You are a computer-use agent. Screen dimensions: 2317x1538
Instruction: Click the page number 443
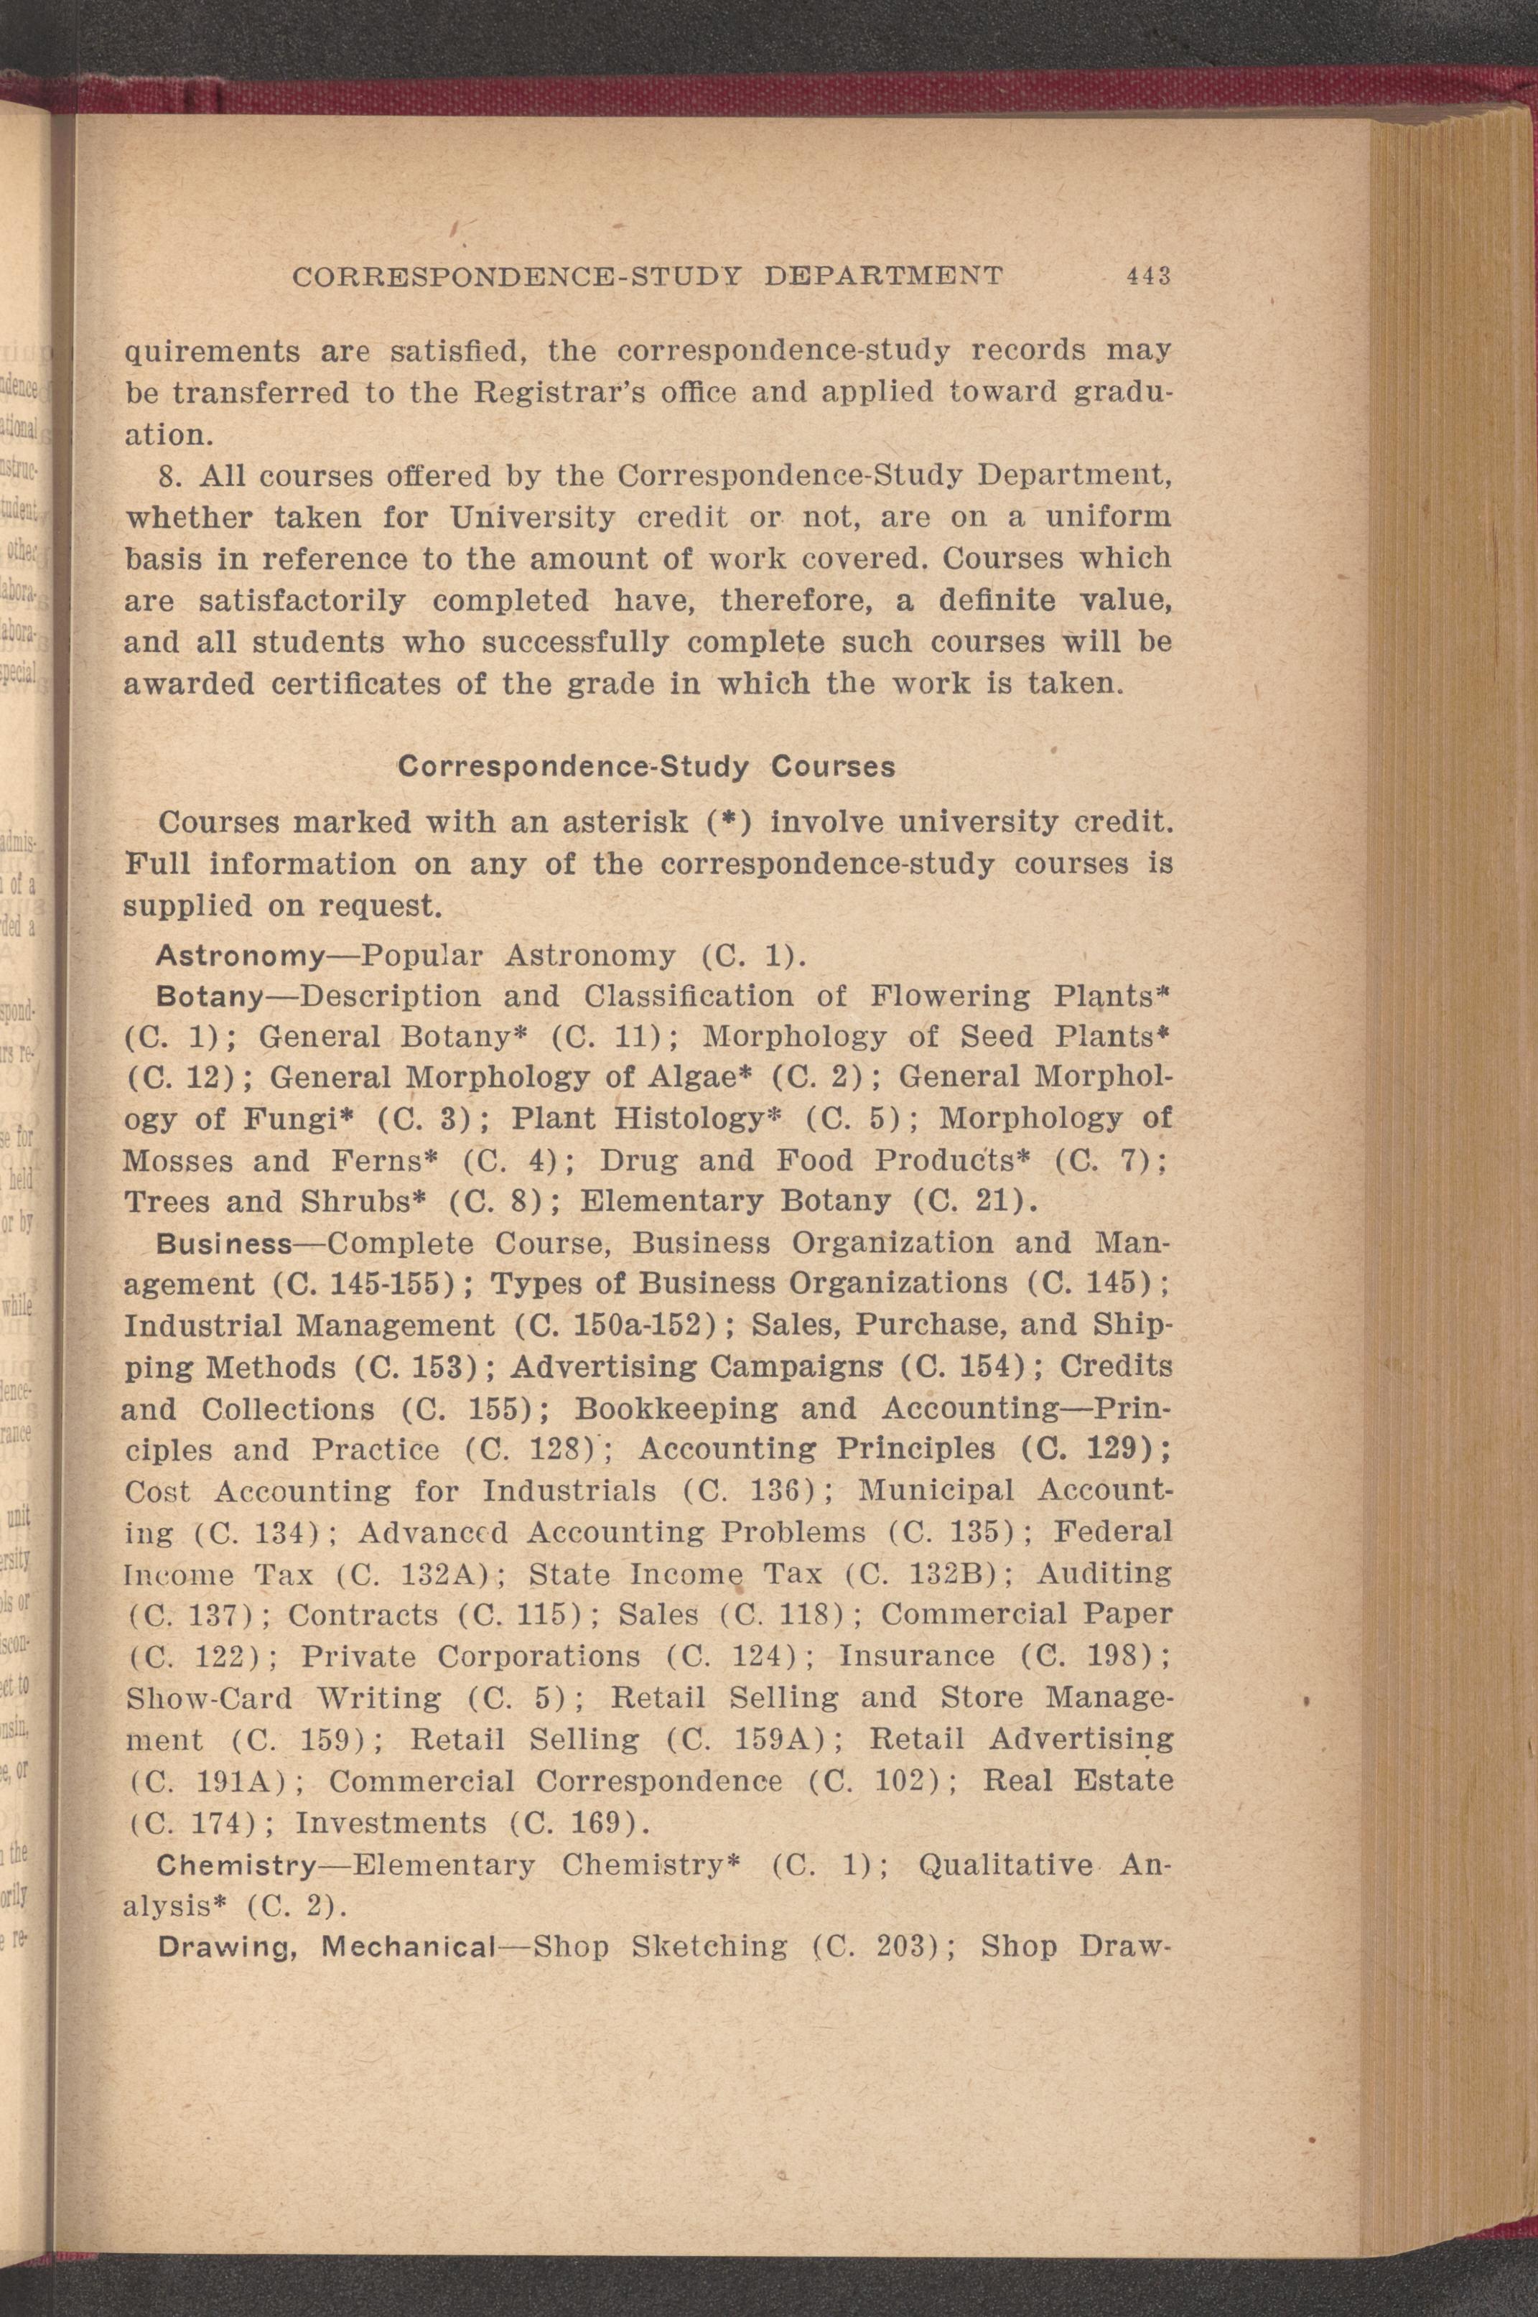(1150, 276)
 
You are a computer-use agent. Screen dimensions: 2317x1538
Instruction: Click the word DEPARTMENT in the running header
(882, 276)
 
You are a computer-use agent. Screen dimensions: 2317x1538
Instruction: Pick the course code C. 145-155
(370, 1285)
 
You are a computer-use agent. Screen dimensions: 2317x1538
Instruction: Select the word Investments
(391, 1824)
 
